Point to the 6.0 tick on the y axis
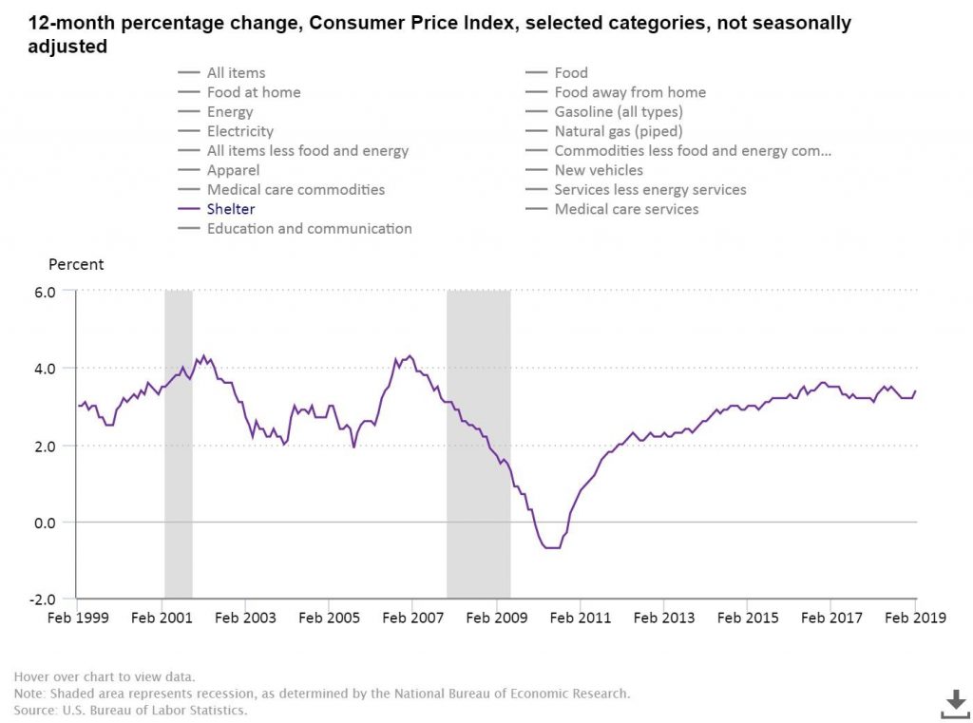coord(45,292)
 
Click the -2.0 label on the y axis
coord(42,599)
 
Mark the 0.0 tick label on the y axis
coord(45,523)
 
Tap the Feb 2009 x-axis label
coord(496,618)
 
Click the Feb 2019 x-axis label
coord(915,618)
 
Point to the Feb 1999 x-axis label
coord(78,618)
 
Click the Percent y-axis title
coord(76,264)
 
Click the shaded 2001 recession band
coord(178,444)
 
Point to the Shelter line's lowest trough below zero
coord(552,548)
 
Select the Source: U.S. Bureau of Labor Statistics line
coord(130,710)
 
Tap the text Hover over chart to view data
coord(105,676)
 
